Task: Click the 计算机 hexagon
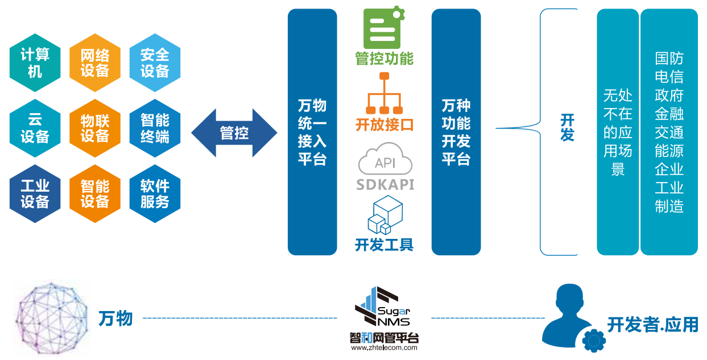35,63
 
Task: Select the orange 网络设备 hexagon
95,63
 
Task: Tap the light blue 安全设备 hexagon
155,63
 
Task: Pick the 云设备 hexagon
35,128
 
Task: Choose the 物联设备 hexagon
95,128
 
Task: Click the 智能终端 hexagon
155,128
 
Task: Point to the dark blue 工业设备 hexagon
35,193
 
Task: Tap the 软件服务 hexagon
155,193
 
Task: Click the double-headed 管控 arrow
234,133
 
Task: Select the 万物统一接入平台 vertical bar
312,132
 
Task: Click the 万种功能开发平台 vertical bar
456,132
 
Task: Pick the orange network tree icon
384,93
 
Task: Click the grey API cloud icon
385,159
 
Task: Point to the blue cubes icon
385,214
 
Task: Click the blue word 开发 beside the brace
567,127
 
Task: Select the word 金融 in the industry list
669,114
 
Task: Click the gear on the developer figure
594,340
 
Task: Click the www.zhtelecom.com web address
384,347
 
